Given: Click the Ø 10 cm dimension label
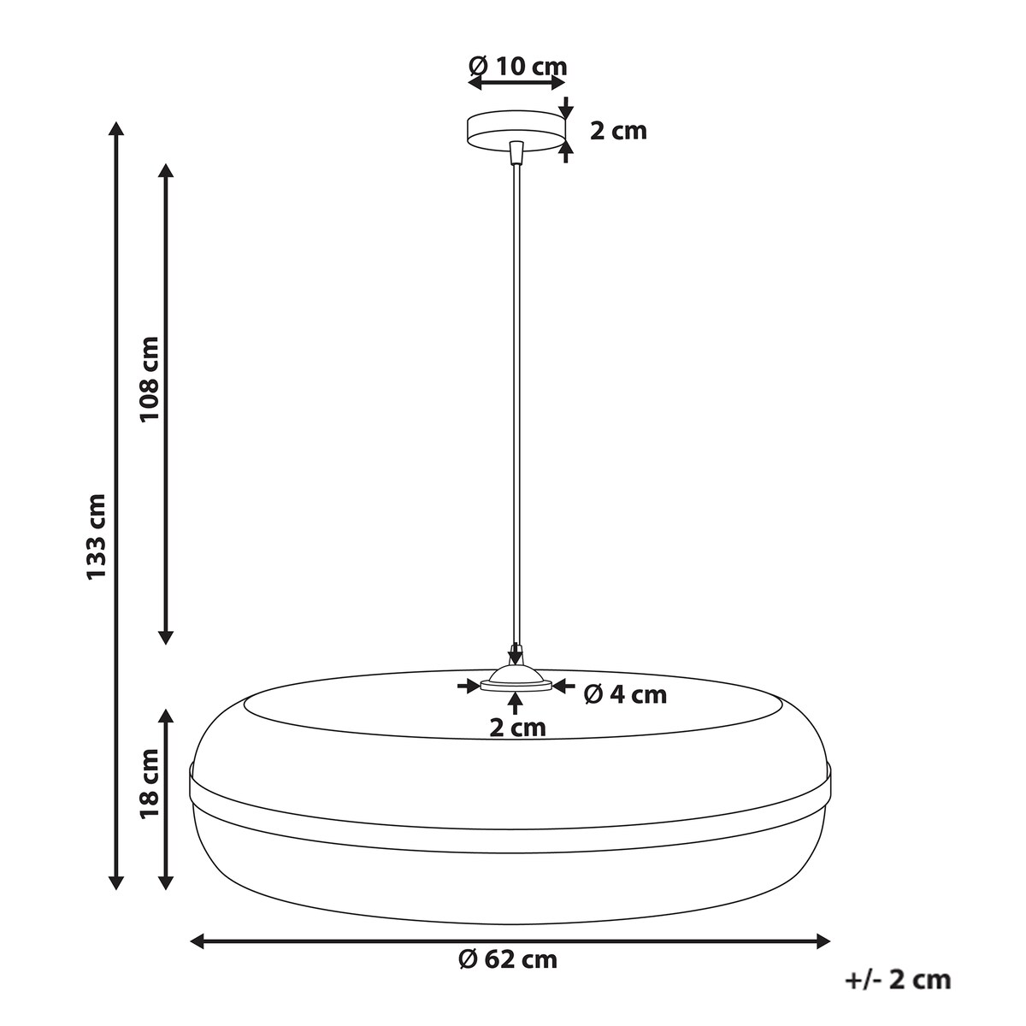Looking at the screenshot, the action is (517, 67).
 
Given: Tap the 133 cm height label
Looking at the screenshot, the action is (97, 536).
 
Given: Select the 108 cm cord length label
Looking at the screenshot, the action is (150, 379).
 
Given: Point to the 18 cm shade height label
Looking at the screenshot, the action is (150, 791).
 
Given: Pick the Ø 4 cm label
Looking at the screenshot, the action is (625, 695).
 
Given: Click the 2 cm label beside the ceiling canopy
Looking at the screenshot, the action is (618, 131).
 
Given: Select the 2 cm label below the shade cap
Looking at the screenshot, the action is (517, 728).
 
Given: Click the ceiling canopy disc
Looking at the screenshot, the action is (516, 131).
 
